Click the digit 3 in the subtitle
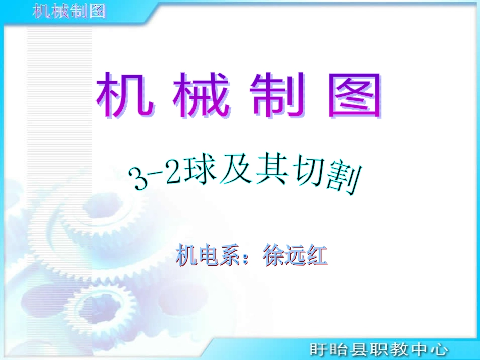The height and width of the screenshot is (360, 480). [x=137, y=180]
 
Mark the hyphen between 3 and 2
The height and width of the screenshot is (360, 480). [x=155, y=177]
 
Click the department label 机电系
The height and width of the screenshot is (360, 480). [x=206, y=255]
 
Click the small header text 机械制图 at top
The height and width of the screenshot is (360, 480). [x=69, y=11]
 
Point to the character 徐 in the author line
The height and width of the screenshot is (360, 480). [x=274, y=255]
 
